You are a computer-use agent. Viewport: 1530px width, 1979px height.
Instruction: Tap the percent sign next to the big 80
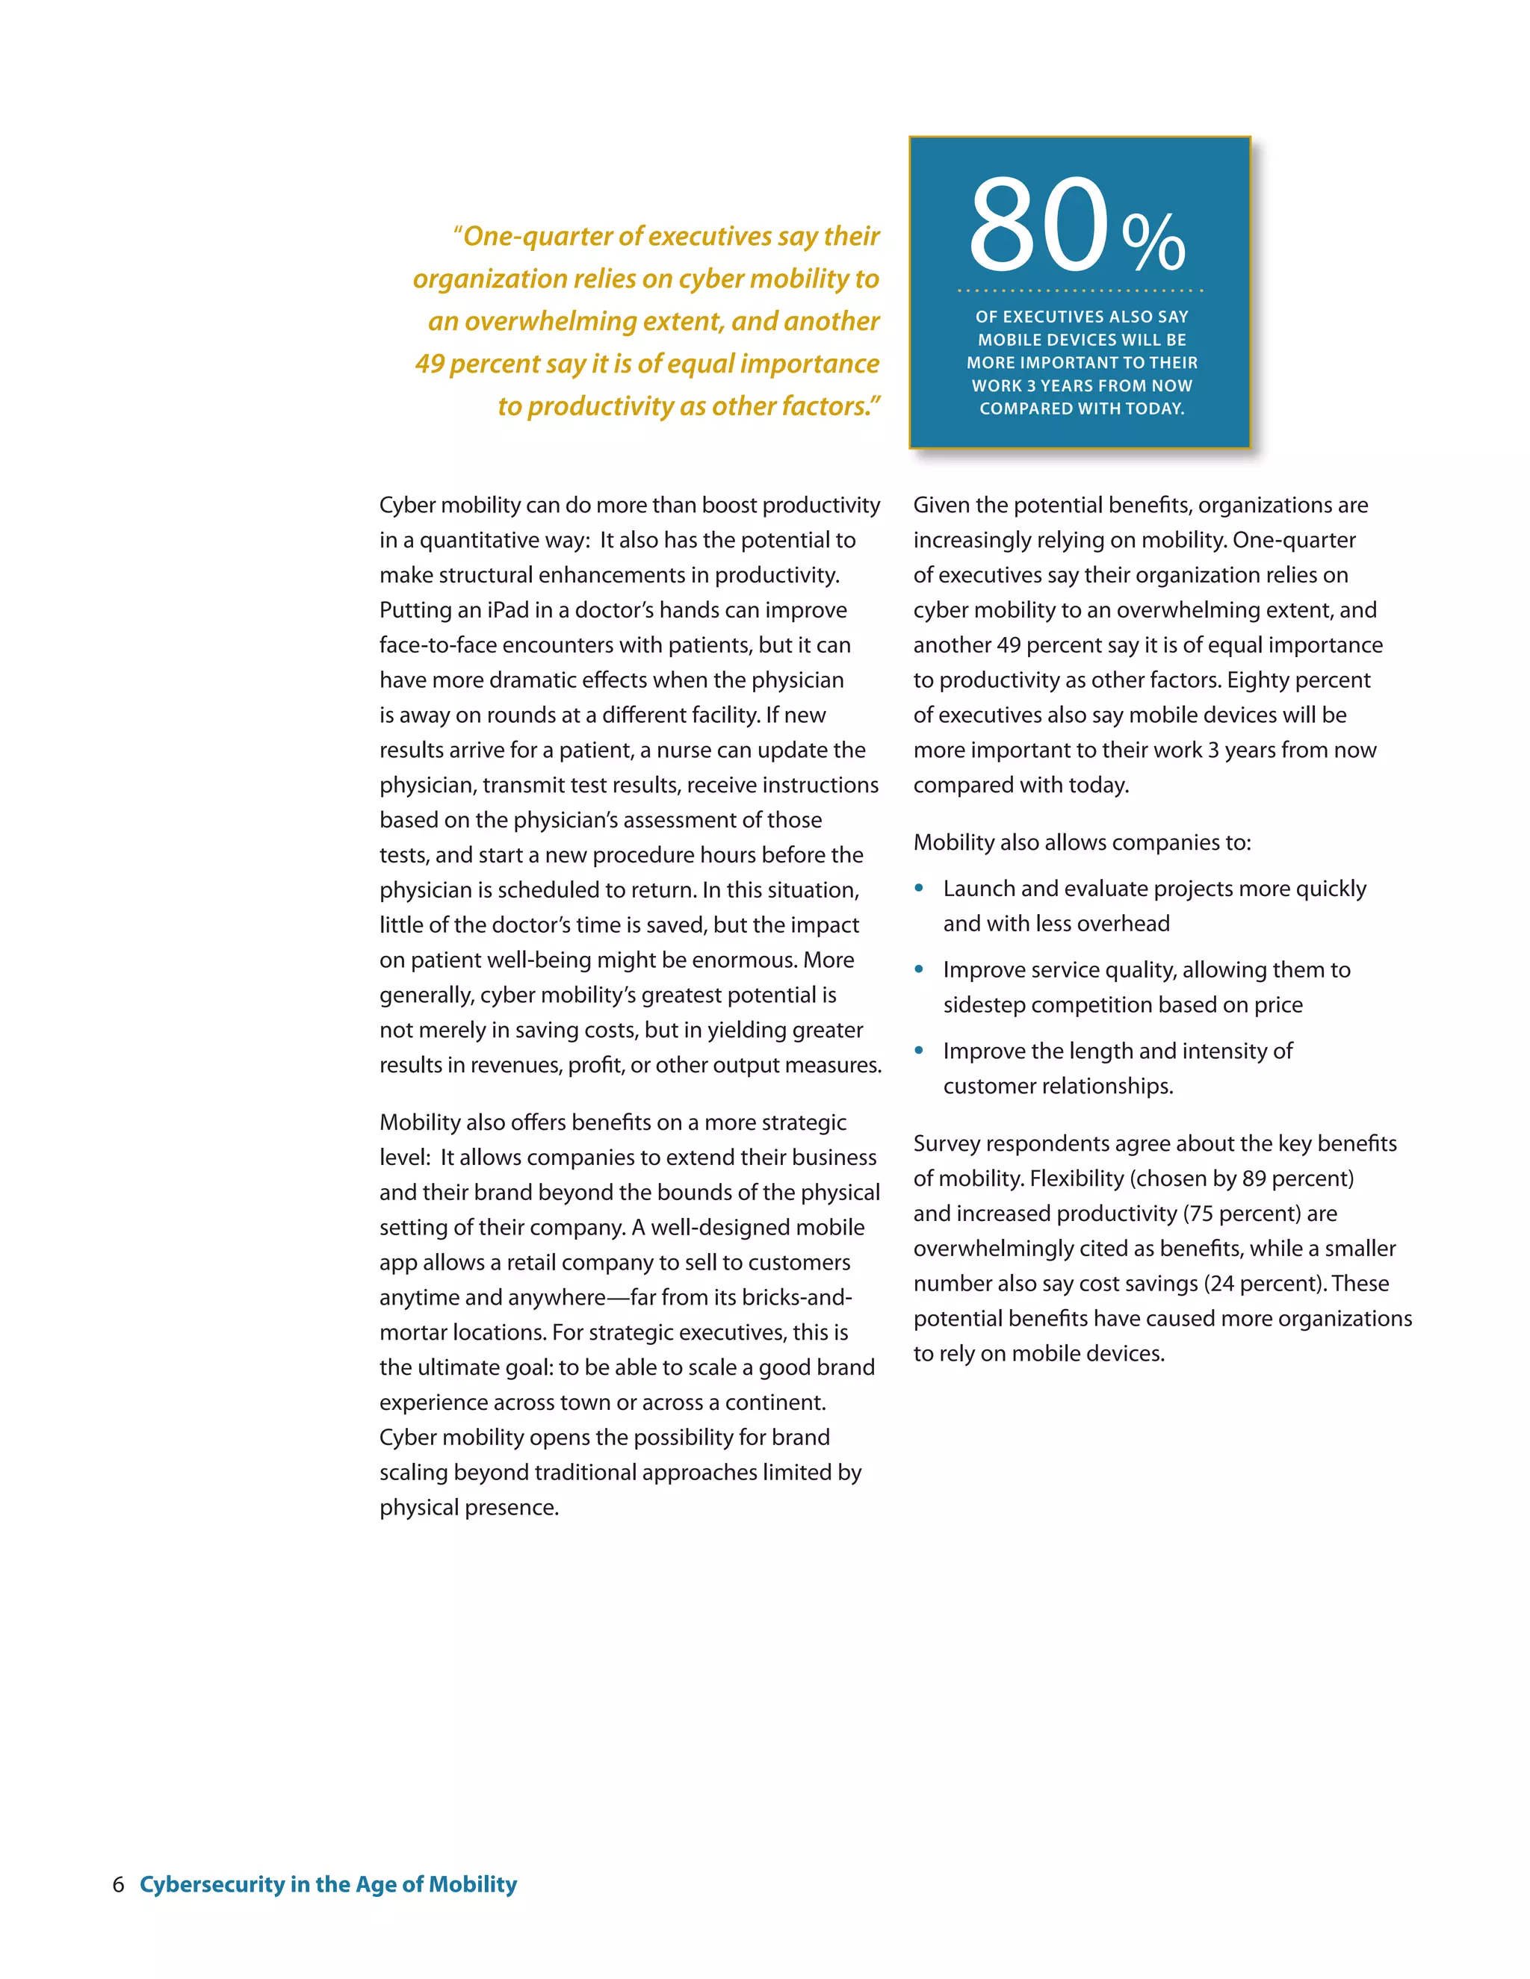tap(1153, 242)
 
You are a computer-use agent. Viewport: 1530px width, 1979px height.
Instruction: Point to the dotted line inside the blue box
tap(1080, 291)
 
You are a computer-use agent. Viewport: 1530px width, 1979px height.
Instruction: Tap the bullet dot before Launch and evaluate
tap(919, 888)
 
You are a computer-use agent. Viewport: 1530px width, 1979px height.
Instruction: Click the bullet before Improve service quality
tap(919, 969)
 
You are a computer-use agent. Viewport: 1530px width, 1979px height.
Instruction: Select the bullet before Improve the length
tap(919, 1051)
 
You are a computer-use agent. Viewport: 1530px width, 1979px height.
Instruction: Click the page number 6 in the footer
tap(118, 1885)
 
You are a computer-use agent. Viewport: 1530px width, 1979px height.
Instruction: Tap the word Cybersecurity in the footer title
tap(212, 1885)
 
